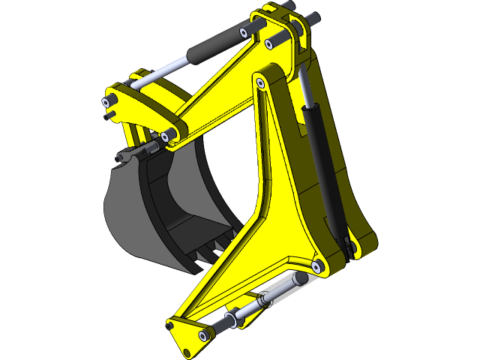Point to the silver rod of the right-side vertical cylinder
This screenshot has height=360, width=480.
coord(306,86)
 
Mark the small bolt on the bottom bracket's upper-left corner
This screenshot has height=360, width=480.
coord(175,325)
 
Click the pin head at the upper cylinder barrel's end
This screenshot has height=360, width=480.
coord(244,32)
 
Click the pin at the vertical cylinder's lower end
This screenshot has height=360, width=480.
coord(346,241)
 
